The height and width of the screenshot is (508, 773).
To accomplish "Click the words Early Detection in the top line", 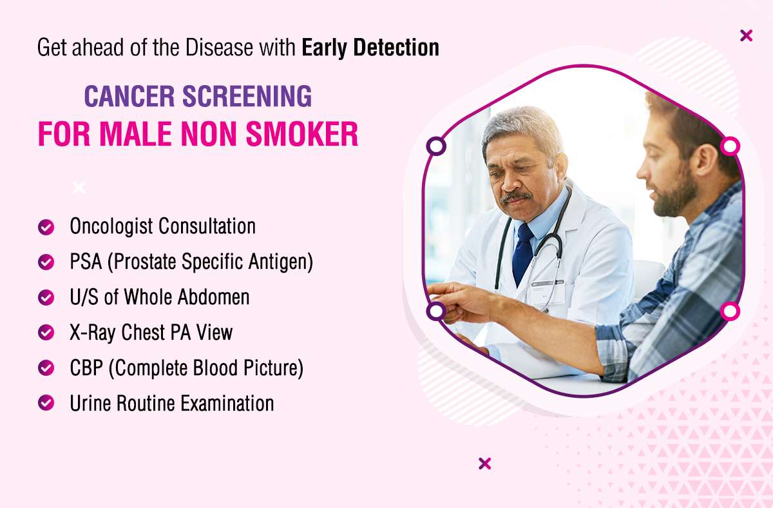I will pyautogui.click(x=370, y=48).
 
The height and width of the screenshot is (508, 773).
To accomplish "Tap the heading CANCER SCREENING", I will pyautogui.click(x=198, y=97).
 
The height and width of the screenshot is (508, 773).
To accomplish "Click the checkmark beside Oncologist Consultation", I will pyautogui.click(x=46, y=227).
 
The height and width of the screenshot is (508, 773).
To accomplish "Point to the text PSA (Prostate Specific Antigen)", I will pyautogui.click(x=191, y=262).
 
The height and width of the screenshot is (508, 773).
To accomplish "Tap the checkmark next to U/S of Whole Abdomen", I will pyautogui.click(x=46, y=297).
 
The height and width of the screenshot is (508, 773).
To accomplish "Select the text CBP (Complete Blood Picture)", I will pyautogui.click(x=186, y=368).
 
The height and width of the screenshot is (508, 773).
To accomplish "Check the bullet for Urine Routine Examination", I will pyautogui.click(x=46, y=403).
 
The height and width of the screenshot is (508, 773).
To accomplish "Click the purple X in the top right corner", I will pyautogui.click(x=746, y=35).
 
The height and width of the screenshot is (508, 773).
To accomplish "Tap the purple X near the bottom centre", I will pyautogui.click(x=485, y=463).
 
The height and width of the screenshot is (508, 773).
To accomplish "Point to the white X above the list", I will pyautogui.click(x=79, y=188).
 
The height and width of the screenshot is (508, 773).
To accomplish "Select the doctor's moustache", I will pyautogui.click(x=516, y=197).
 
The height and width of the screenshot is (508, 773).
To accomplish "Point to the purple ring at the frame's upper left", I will pyautogui.click(x=436, y=146).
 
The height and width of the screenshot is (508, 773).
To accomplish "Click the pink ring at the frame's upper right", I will pyautogui.click(x=730, y=146).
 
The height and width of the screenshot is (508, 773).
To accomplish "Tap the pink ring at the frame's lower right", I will pyautogui.click(x=730, y=311).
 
